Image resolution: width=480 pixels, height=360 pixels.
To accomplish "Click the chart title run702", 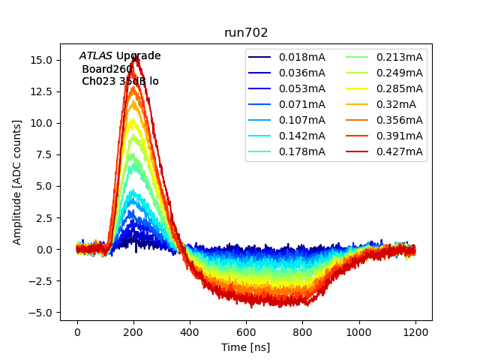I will click(x=246, y=33).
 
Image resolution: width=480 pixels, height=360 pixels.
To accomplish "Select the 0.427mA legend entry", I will click(x=399, y=151).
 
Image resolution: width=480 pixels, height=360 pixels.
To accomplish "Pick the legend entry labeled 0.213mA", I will click(x=399, y=57).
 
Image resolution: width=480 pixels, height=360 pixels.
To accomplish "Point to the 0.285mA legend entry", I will click(x=399, y=88).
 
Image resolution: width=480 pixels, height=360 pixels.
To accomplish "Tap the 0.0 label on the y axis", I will click(x=45, y=250).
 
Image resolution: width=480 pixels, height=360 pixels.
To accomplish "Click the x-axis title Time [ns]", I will click(x=246, y=347).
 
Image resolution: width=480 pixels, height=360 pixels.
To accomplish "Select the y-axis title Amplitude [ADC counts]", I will click(x=17, y=181).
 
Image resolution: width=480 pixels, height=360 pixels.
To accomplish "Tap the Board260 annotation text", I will click(x=107, y=69).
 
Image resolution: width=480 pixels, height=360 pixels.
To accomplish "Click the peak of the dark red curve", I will click(x=136, y=56).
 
